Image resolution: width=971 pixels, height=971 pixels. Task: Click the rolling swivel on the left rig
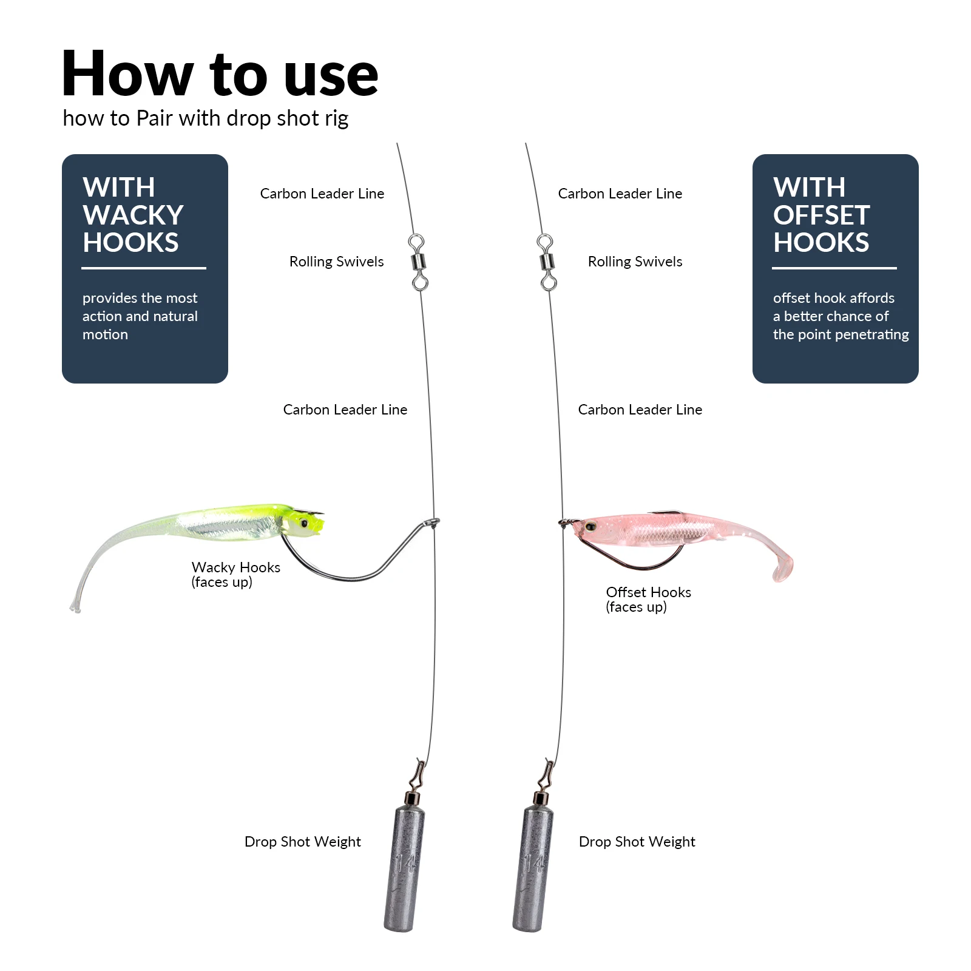(x=418, y=263)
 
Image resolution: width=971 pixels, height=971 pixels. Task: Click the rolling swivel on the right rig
(x=546, y=263)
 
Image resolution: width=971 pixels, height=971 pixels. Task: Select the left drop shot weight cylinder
(x=404, y=868)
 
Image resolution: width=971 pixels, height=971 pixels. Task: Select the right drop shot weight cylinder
(x=533, y=868)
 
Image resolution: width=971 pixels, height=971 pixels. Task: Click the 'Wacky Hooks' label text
(x=235, y=567)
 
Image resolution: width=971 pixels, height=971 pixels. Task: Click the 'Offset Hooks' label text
(x=648, y=592)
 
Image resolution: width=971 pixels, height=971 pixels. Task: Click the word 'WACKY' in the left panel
(x=133, y=215)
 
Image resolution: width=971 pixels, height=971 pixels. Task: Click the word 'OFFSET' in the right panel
(x=821, y=215)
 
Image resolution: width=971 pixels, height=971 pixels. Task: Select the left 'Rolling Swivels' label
(x=336, y=262)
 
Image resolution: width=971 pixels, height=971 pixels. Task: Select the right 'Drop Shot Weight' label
(x=637, y=842)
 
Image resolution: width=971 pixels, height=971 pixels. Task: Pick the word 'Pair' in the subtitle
(x=155, y=118)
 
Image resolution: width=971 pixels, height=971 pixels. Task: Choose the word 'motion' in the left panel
(x=105, y=335)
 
